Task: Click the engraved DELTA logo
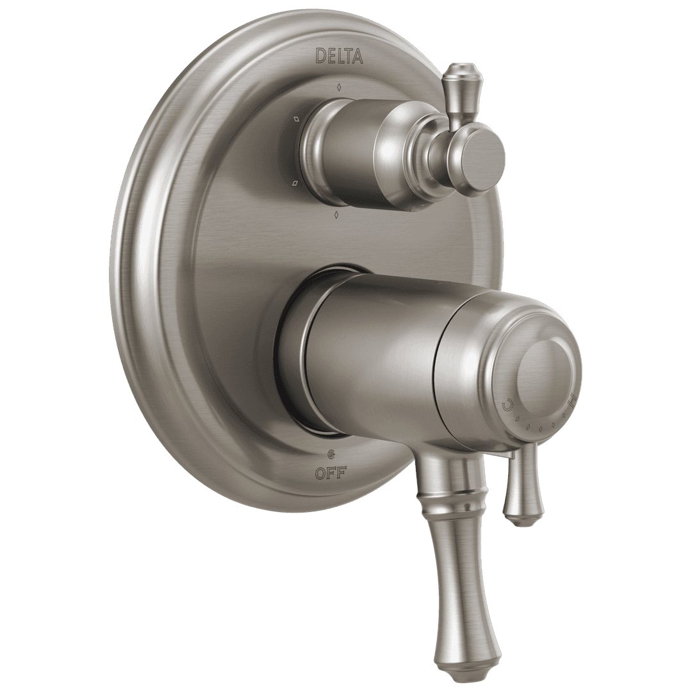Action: pyautogui.click(x=340, y=56)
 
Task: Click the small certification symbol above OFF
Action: pyautogui.click(x=330, y=455)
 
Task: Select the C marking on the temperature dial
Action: pyautogui.click(x=507, y=404)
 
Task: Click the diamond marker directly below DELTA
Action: pyautogui.click(x=339, y=86)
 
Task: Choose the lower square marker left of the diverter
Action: pyautogui.click(x=295, y=183)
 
